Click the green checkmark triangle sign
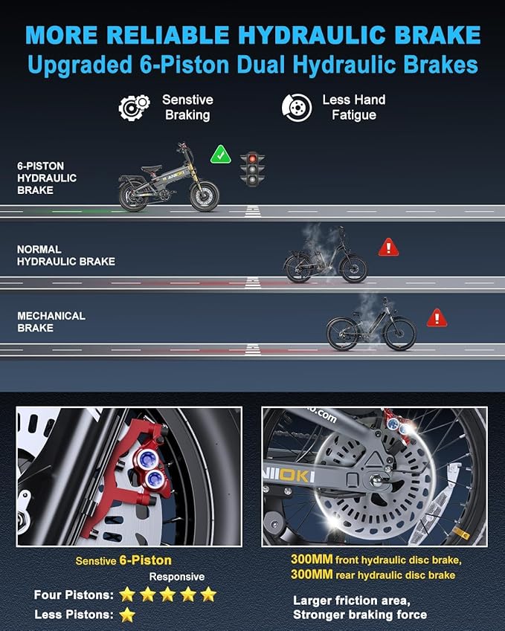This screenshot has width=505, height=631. pyautogui.click(x=221, y=155)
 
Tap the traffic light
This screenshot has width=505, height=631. pyautogui.click(x=253, y=169)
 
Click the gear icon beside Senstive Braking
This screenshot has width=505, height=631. pyautogui.click(x=134, y=108)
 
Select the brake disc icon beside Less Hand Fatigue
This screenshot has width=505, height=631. pyautogui.click(x=297, y=108)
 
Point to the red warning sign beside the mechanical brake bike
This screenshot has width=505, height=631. pyautogui.click(x=437, y=318)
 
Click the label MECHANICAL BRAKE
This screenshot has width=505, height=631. pyautogui.click(x=51, y=322)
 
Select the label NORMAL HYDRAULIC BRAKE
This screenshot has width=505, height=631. pyautogui.click(x=66, y=256)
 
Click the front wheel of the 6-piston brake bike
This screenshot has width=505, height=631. pyautogui.click(x=205, y=196)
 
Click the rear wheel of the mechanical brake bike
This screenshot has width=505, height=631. pyautogui.click(x=342, y=334)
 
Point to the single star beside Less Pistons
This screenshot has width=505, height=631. pyautogui.click(x=127, y=615)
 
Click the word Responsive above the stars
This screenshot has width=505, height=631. pyautogui.click(x=177, y=577)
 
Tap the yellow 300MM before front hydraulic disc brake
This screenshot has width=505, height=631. pyautogui.click(x=312, y=560)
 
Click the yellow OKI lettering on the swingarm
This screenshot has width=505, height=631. pyautogui.click(x=297, y=476)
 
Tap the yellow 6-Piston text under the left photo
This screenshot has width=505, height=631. pyautogui.click(x=145, y=560)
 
